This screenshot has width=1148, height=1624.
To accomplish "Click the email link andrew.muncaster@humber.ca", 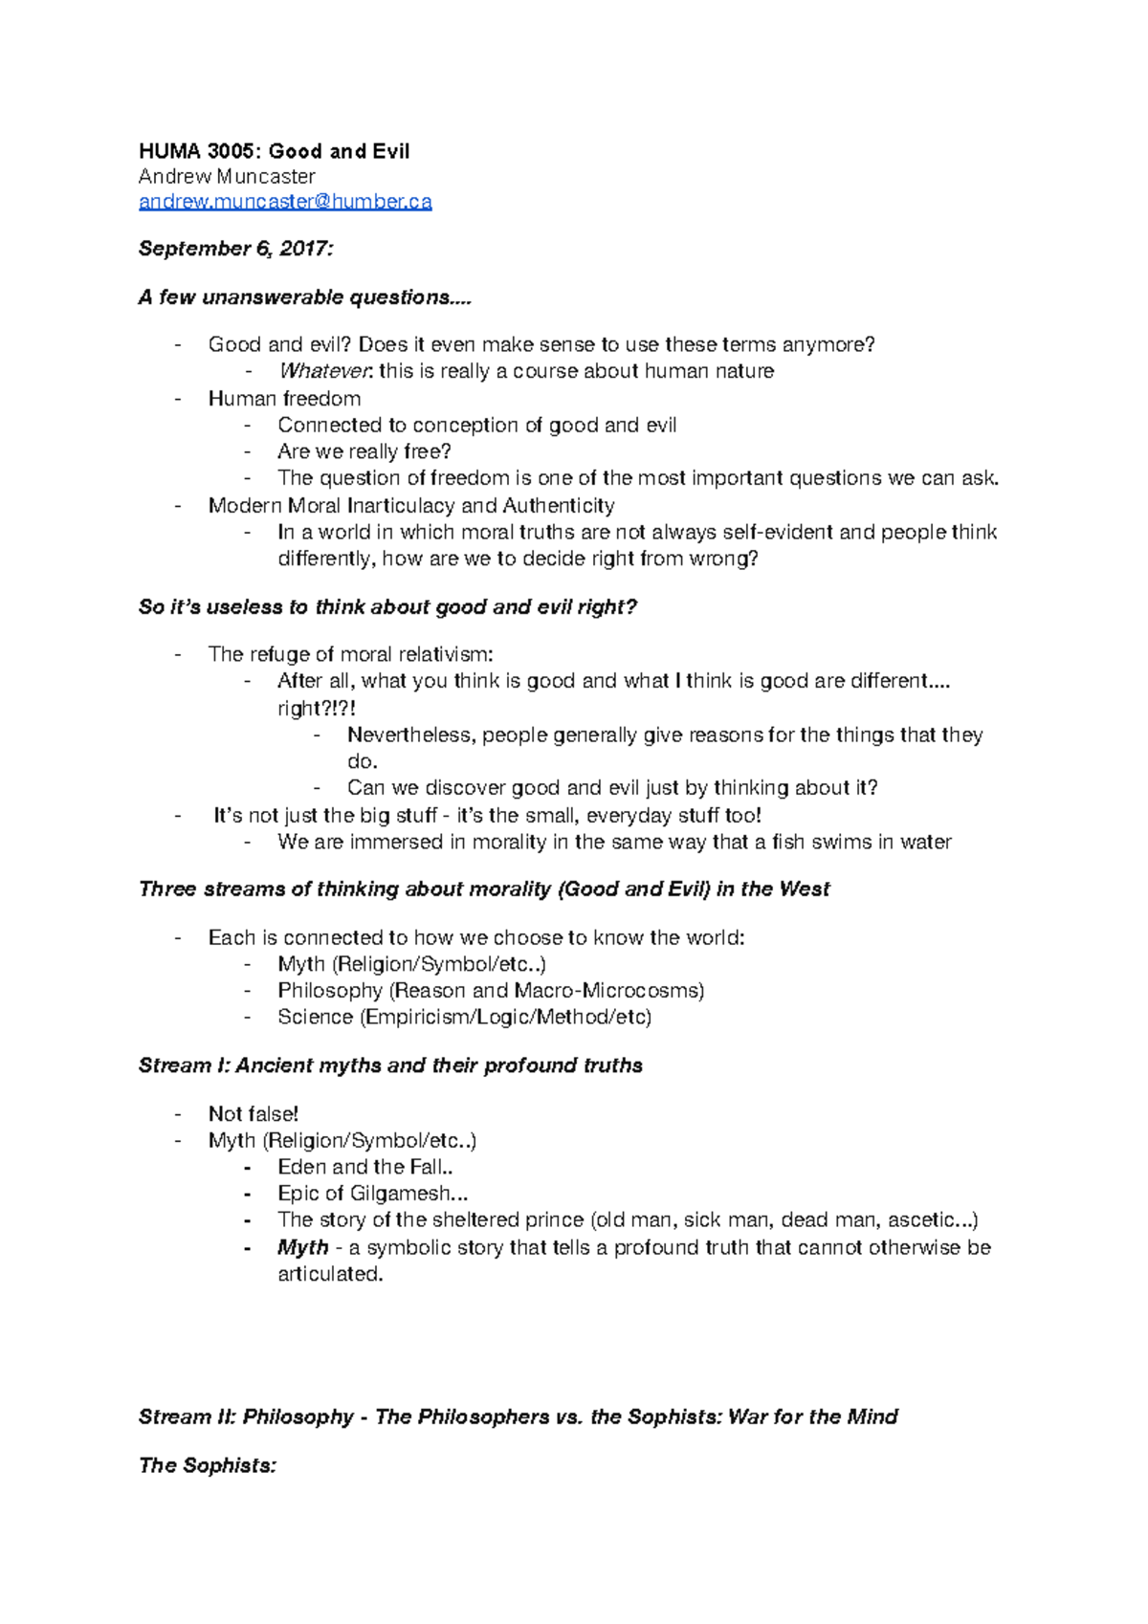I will point(285,202).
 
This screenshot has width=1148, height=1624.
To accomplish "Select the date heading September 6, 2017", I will point(235,249).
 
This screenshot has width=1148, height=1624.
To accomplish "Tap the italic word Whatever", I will point(324,371).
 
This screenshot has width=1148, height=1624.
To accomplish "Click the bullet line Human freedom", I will point(284,399).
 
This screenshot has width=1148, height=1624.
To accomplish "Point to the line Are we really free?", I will point(364,451).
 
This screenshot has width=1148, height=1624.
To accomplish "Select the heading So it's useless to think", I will point(386,607).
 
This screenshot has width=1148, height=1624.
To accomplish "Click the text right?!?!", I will point(317,709).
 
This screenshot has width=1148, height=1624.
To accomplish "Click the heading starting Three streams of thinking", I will point(483,889).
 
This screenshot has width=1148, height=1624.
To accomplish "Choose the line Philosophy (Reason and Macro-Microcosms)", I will point(490,991).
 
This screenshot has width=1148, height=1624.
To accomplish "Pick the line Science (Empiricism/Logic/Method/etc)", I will point(464,1017).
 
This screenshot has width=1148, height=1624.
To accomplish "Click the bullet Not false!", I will point(253,1114).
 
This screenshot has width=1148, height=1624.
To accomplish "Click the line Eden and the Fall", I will point(364,1167).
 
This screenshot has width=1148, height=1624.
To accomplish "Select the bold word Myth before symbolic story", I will point(302,1247).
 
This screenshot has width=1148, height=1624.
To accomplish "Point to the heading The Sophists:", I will point(207,1465).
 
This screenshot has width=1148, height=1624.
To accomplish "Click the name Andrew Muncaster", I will point(227,177).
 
